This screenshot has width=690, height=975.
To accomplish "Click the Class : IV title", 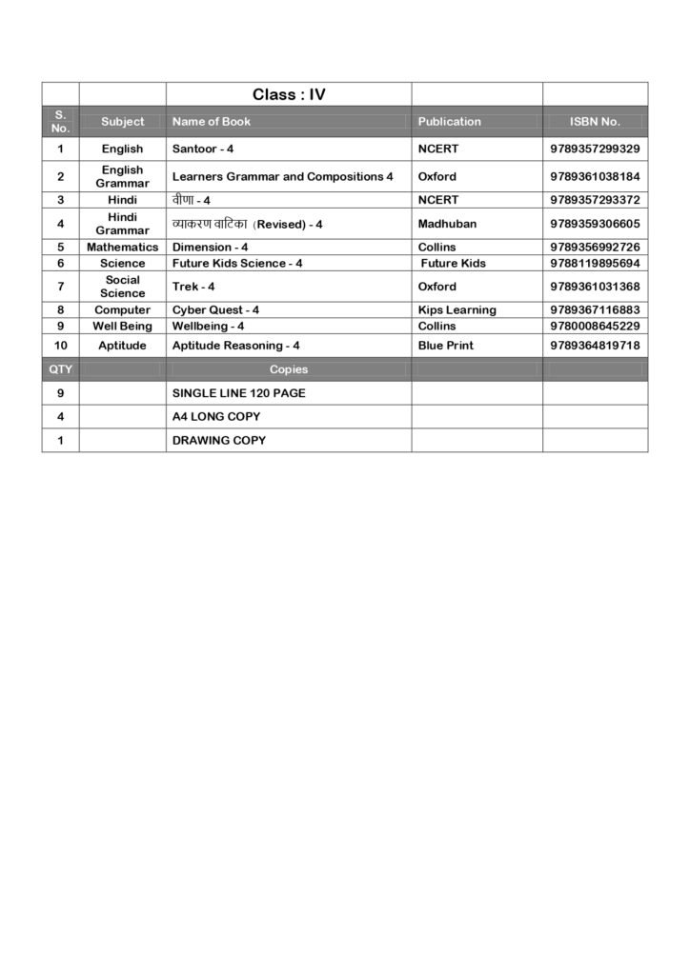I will pyautogui.click(x=289, y=94).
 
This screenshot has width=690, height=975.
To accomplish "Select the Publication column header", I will pyautogui.click(x=449, y=122).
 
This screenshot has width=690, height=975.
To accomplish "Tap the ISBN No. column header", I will pyautogui.click(x=595, y=122).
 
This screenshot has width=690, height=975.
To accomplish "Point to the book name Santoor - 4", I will pyautogui.click(x=203, y=149).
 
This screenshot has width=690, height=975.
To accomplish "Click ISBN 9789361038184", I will pyautogui.click(x=595, y=176).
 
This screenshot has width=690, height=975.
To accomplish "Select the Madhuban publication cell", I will pyautogui.click(x=447, y=224).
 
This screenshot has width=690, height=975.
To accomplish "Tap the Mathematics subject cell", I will pyautogui.click(x=122, y=247).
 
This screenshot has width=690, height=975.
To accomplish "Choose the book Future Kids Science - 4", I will pyautogui.click(x=237, y=263).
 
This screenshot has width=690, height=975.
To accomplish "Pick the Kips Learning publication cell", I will pyautogui.click(x=457, y=310).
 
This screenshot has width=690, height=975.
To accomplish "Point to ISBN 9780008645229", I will pyautogui.click(x=595, y=326).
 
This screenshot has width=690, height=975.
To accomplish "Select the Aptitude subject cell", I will pyautogui.click(x=122, y=346).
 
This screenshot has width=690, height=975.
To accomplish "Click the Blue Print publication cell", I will pyautogui.click(x=445, y=346).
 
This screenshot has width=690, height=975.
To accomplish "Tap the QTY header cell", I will pyautogui.click(x=60, y=369).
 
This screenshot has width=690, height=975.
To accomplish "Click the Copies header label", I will pyautogui.click(x=289, y=369).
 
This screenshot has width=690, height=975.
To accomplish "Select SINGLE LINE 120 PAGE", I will pyautogui.click(x=238, y=393).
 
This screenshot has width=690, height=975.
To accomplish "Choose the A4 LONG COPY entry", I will pyautogui.click(x=216, y=417).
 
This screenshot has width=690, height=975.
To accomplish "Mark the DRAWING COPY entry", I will pyautogui.click(x=219, y=441).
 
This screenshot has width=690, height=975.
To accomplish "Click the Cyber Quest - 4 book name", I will pyautogui.click(x=215, y=310).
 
